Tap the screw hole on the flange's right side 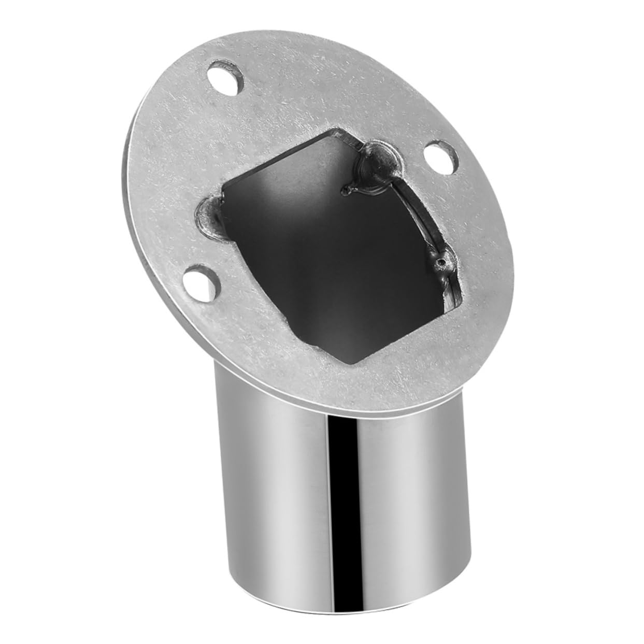point(440,155)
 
